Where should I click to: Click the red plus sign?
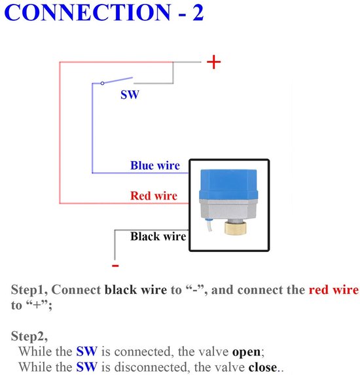coord(213,62)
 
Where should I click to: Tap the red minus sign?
coord(115,266)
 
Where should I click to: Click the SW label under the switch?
coord(130,95)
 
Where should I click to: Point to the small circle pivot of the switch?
coord(102,83)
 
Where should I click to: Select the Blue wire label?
coord(155,166)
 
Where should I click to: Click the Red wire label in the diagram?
coord(154,196)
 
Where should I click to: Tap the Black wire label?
coord(158,236)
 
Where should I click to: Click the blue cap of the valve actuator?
coord(228,185)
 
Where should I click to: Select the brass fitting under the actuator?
coord(235,228)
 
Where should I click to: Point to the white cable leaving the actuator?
coord(209,225)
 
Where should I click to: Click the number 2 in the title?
coord(198,12)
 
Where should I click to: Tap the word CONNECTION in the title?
coord(88,12)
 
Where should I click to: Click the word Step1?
coord(29,290)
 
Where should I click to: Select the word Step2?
coord(29,336)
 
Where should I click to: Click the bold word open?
coord(246,352)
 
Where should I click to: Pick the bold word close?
coord(262,367)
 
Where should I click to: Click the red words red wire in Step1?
coord(334,290)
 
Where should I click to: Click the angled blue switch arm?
coord(117,80)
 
